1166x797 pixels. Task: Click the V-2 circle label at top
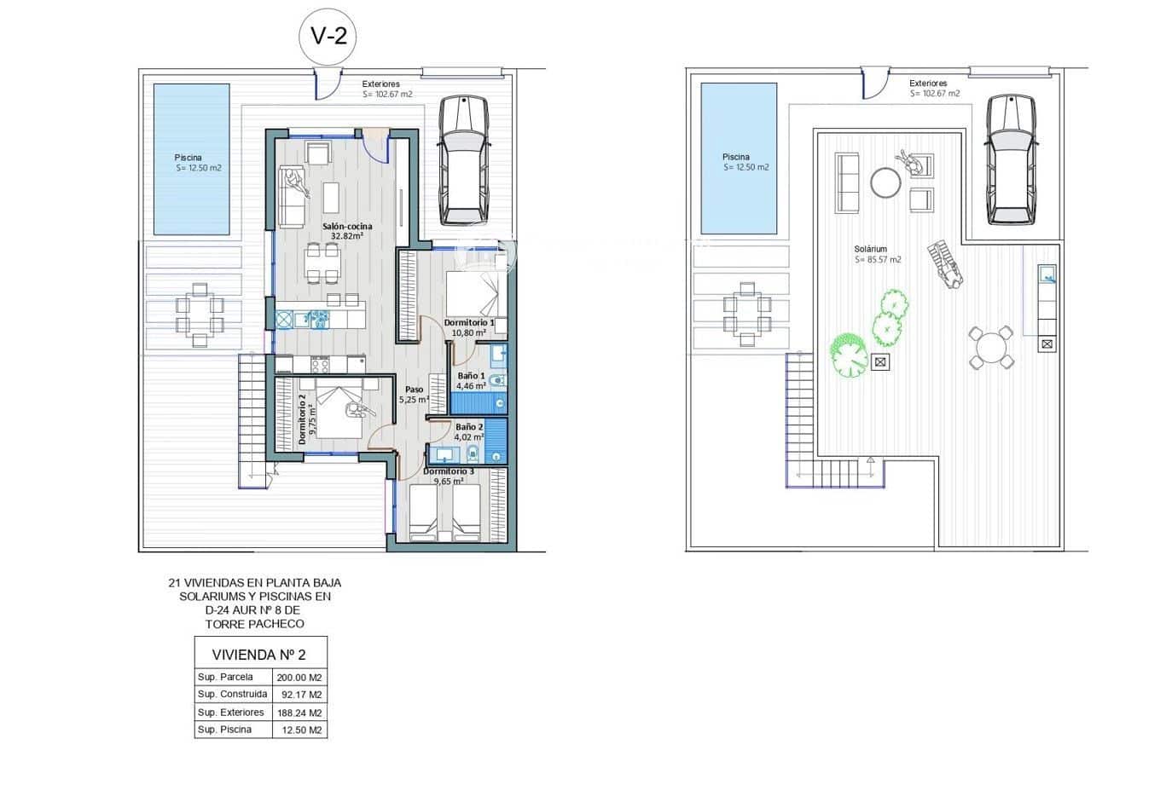point(327,36)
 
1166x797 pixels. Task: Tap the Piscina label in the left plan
point(189,158)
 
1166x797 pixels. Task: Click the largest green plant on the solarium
point(849,354)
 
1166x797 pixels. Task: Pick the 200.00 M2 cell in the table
point(299,678)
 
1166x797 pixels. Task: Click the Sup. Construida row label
point(232,694)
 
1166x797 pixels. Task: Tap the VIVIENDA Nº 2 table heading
point(259,655)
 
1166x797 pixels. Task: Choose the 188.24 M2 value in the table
point(299,713)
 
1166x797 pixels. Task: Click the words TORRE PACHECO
point(254,624)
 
